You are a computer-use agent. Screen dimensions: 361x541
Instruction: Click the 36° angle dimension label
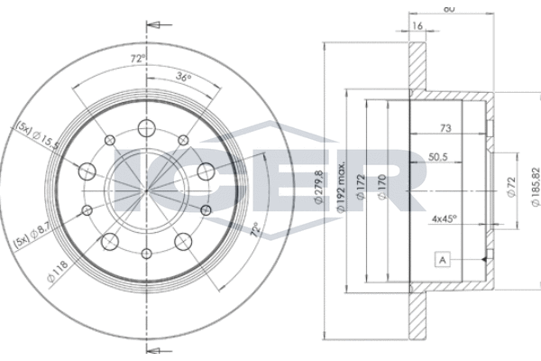(x=184, y=78)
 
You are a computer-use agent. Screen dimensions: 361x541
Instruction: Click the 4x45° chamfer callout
(x=445, y=217)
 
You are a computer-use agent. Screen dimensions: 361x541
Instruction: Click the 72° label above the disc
(x=136, y=60)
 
